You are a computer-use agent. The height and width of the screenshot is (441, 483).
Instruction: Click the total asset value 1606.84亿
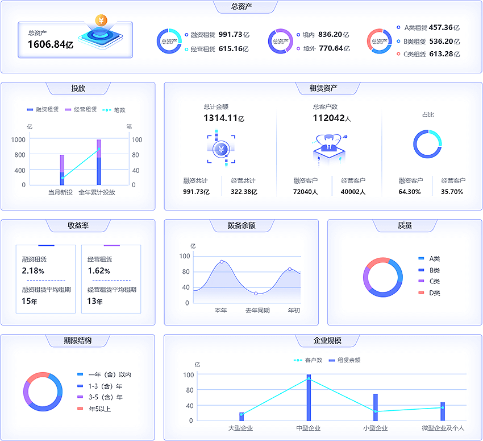click(x=51, y=44)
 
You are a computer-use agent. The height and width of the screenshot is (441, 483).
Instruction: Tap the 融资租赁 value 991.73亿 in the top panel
click(x=234, y=34)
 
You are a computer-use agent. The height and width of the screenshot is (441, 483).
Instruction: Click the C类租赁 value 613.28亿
click(x=444, y=54)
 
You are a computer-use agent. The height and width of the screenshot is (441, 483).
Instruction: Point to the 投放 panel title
click(x=78, y=88)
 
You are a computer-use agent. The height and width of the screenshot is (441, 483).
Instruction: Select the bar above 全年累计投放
click(x=99, y=162)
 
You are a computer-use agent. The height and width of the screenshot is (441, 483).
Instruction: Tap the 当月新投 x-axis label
click(x=60, y=192)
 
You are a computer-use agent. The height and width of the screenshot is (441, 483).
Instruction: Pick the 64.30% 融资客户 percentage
click(x=409, y=192)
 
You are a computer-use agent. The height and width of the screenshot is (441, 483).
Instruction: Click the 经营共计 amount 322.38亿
click(x=244, y=192)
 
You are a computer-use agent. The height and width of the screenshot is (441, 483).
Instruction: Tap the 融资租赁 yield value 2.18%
click(x=33, y=271)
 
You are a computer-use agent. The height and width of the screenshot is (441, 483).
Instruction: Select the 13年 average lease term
click(x=95, y=301)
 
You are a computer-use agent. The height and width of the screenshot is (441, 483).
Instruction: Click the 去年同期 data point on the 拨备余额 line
click(x=256, y=293)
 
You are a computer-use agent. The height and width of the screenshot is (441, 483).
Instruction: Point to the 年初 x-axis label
click(x=294, y=311)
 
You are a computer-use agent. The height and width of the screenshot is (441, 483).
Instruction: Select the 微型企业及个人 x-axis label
click(x=443, y=428)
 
